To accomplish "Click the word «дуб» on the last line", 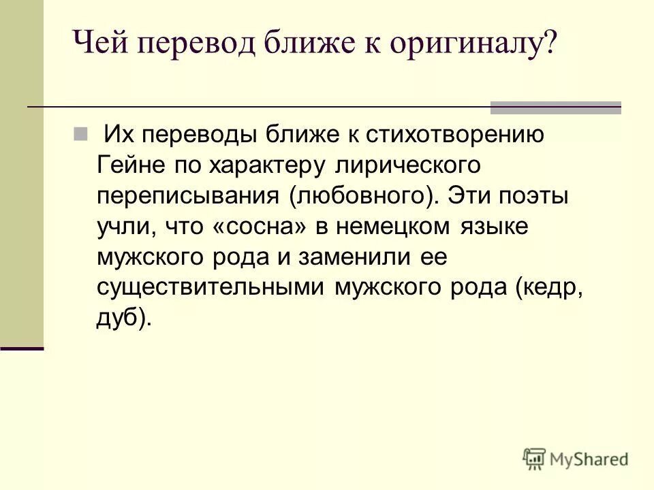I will pyautogui.click(x=119, y=317).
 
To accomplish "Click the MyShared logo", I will pyautogui.click(x=576, y=459).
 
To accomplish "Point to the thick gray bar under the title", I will pyautogui.click(x=556, y=107).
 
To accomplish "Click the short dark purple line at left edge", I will pyautogui.click(x=22, y=348).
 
